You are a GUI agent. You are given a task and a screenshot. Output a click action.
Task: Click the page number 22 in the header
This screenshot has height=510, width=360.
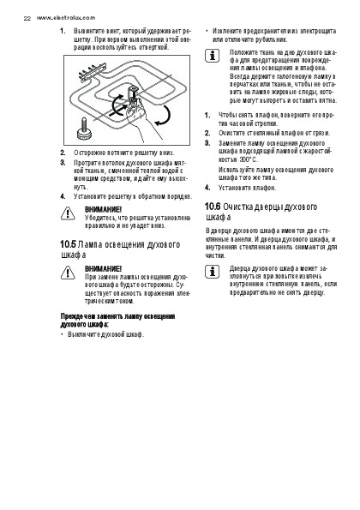pos(27,19)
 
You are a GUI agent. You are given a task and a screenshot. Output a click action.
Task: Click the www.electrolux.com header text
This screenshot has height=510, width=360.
pos(66,18)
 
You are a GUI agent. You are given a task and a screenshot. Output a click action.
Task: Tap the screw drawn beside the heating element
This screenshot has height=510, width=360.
pos(84,129)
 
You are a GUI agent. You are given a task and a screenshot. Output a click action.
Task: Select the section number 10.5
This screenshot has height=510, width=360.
pos(68,244)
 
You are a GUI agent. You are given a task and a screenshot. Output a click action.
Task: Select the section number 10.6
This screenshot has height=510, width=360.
pos(213,207)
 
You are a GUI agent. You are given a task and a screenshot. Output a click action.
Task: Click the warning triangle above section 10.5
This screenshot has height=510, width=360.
pos(68,213)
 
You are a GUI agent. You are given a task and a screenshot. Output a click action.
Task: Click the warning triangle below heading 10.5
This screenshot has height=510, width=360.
pos(68,273)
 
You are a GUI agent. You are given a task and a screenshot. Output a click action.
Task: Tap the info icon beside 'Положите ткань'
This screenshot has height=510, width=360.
pos(212,56)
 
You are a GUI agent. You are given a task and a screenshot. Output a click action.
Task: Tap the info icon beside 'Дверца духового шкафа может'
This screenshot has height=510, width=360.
pos(212,271)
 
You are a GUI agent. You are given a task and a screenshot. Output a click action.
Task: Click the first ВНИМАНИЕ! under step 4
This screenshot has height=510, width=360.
pos(103,209)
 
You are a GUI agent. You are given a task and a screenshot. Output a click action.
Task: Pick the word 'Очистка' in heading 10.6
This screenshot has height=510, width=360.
pos(237,207)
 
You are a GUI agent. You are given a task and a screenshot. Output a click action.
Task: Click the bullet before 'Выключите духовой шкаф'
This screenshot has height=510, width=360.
pos(62,334)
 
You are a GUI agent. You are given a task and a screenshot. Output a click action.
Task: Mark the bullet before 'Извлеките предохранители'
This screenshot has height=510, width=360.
pos(207,31)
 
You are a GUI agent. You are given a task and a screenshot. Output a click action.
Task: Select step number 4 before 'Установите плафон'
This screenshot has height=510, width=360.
pos(207,188)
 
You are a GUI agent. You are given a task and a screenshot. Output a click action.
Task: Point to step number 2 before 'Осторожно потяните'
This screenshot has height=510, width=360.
pos(63,153)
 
